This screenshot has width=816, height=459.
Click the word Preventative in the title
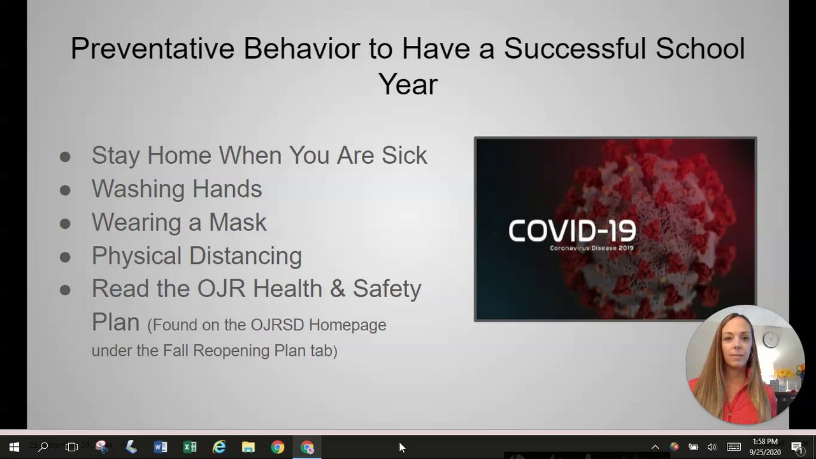[152, 48]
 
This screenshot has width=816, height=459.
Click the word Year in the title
[408, 84]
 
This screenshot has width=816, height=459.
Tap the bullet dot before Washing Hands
[65, 190]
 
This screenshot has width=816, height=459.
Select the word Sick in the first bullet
[404, 156]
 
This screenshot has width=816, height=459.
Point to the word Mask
[238, 222]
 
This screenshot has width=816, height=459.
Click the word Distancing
[245, 256]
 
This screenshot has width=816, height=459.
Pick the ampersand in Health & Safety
[338, 289]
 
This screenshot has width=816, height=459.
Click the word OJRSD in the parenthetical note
[277, 325]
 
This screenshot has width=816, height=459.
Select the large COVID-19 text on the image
[572, 231]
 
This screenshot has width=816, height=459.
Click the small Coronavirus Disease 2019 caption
[592, 248]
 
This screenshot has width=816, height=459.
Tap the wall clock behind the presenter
[771, 340]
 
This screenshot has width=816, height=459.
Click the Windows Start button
[14, 447]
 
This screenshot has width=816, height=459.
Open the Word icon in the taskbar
[161, 447]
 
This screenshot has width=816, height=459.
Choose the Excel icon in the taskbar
[190, 447]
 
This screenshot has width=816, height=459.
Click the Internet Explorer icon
[219, 447]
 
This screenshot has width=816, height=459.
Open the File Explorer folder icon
[248, 447]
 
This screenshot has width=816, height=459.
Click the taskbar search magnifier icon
[43, 447]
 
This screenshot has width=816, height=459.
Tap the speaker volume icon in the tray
[712, 447]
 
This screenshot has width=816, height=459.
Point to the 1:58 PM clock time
[765, 442]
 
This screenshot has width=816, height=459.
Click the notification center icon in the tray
[797, 448]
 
